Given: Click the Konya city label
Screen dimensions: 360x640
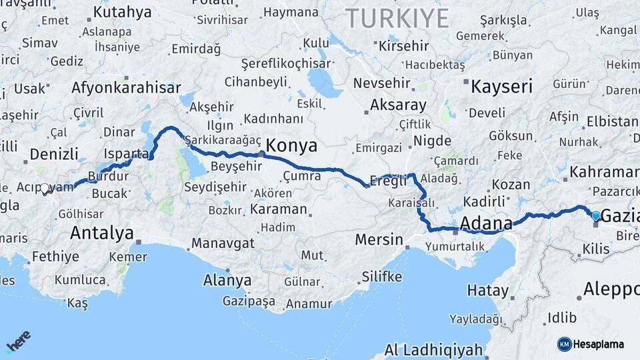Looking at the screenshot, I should pos(292,146).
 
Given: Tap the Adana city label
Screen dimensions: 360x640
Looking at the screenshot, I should pos(487,222).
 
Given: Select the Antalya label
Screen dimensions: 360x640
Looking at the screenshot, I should pos(101,233).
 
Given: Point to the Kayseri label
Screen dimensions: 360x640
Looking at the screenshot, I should pos(501,86).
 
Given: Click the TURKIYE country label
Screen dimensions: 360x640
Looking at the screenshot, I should pos(397,18).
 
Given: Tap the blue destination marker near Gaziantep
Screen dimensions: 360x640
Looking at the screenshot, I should pos(595,215).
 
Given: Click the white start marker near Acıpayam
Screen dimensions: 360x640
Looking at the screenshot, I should pos(45,189).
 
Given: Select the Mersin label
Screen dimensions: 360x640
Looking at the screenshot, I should pos(379,239).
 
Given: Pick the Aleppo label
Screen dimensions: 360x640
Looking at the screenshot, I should pos(611,289).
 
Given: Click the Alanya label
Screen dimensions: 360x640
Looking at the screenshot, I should pos(227,280).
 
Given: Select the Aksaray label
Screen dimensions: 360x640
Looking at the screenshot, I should pos(398,105).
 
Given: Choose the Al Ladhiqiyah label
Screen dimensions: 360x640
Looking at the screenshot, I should pos(433,350).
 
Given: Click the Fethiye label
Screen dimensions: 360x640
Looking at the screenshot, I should pos(55,256).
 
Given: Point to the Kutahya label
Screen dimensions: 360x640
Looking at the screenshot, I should pos(122,12).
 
